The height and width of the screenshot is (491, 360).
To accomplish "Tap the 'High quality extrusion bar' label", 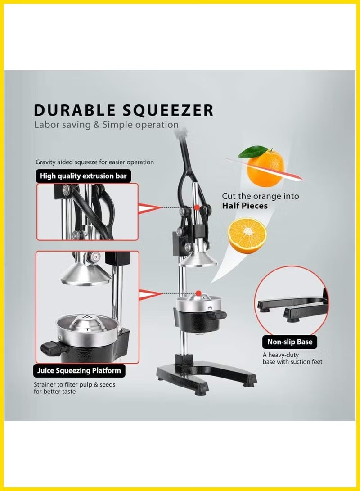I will click(x=83, y=176).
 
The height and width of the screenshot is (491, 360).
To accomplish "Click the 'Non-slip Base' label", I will click(x=290, y=342).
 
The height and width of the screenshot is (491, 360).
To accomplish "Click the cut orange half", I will click(x=247, y=235).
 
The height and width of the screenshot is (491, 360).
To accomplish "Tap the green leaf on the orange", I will click(x=252, y=152).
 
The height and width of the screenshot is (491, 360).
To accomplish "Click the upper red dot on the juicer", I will click(x=197, y=207).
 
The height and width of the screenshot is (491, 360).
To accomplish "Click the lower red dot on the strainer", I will click(x=197, y=293).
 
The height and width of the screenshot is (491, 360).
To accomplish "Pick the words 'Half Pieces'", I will click(x=244, y=206).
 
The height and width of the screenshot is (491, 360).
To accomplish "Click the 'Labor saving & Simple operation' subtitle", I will click(x=106, y=125).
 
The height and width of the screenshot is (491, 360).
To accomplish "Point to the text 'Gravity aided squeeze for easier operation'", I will click(x=94, y=162).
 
